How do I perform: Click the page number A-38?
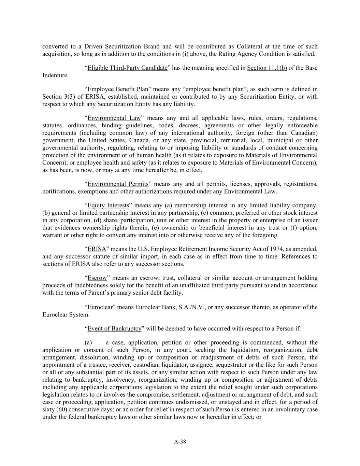pos(180,442)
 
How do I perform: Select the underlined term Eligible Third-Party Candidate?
pos(127,68)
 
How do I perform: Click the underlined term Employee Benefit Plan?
pos(118,89)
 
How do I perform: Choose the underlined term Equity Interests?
pos(108,206)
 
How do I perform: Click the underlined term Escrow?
pos(97,278)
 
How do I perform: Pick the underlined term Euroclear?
pos(100,307)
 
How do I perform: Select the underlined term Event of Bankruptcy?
pos(114,328)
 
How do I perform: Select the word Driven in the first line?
pos(93,46)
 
